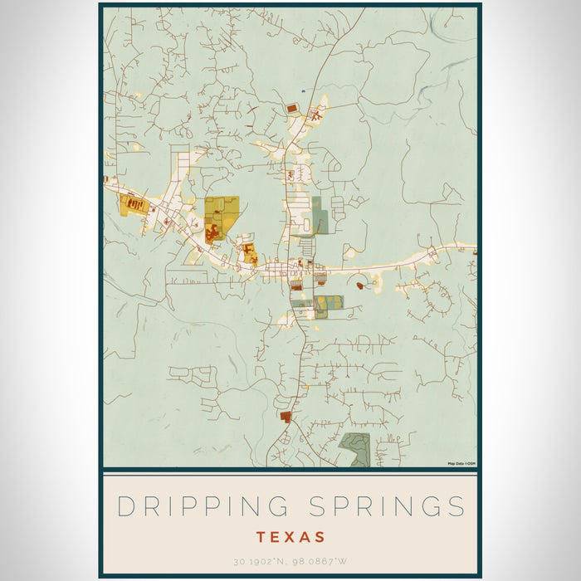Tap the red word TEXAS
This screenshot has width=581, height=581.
(290, 537)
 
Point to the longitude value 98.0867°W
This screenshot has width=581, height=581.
(318, 562)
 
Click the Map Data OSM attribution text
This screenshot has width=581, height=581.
(461, 463)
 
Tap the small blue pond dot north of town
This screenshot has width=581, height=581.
(304, 91)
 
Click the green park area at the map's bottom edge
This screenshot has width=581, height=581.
(356, 448)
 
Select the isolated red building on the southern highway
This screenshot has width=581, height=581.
(286, 416)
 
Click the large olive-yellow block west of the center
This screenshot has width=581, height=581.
(222, 212)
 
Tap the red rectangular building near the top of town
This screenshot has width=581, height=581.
(291, 108)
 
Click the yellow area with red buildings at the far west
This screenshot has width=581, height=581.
(133, 204)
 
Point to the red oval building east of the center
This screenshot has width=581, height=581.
(359, 286)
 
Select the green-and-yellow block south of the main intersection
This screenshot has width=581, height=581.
(328, 305)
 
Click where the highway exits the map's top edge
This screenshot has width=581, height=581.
(364, 10)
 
